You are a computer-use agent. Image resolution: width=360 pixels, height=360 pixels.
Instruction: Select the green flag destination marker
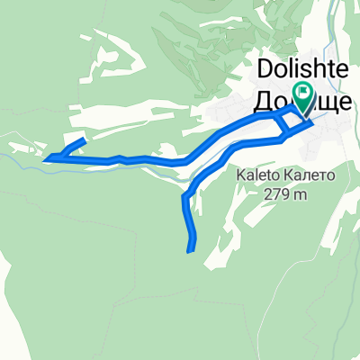pos(303,93)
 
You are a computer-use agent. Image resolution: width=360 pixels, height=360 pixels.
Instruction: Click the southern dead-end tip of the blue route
pos(191,249)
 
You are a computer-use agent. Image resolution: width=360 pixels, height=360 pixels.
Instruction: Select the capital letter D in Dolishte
pos(265,69)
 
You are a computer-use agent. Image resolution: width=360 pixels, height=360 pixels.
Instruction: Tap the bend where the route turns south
pos(185,196)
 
